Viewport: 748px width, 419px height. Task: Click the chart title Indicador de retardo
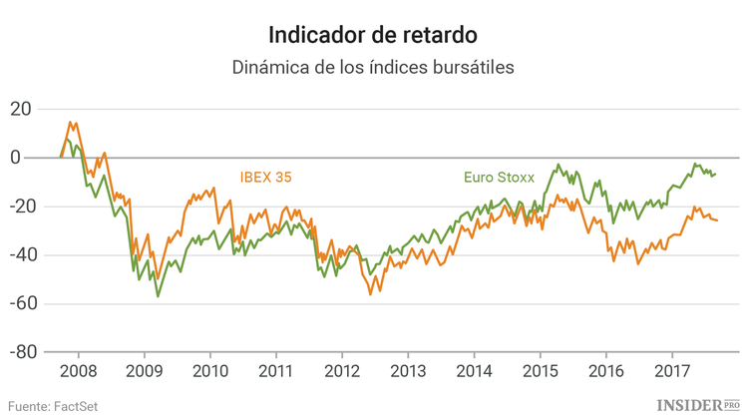coord(373,34)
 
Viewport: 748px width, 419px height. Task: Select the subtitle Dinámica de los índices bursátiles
coord(373,68)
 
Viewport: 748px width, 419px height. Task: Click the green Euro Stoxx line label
coord(499,179)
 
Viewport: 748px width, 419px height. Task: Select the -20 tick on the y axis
coord(19,207)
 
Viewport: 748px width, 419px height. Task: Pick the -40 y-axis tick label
coord(19,255)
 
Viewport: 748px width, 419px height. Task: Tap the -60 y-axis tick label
coord(19,304)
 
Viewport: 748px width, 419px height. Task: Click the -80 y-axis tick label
coord(19,353)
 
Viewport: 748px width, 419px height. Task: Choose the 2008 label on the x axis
coord(78,371)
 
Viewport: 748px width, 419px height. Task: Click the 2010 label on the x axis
coord(209,371)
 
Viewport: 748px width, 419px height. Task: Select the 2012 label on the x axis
coord(341,371)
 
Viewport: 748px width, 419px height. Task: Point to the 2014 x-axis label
coord(474,371)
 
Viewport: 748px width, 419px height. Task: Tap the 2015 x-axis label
coord(540,371)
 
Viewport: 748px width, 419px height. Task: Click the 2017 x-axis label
coord(671,371)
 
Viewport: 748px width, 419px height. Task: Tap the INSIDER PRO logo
coord(697,404)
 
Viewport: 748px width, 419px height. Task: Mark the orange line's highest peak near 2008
coord(70,123)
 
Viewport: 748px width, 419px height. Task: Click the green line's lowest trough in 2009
coord(158,296)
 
